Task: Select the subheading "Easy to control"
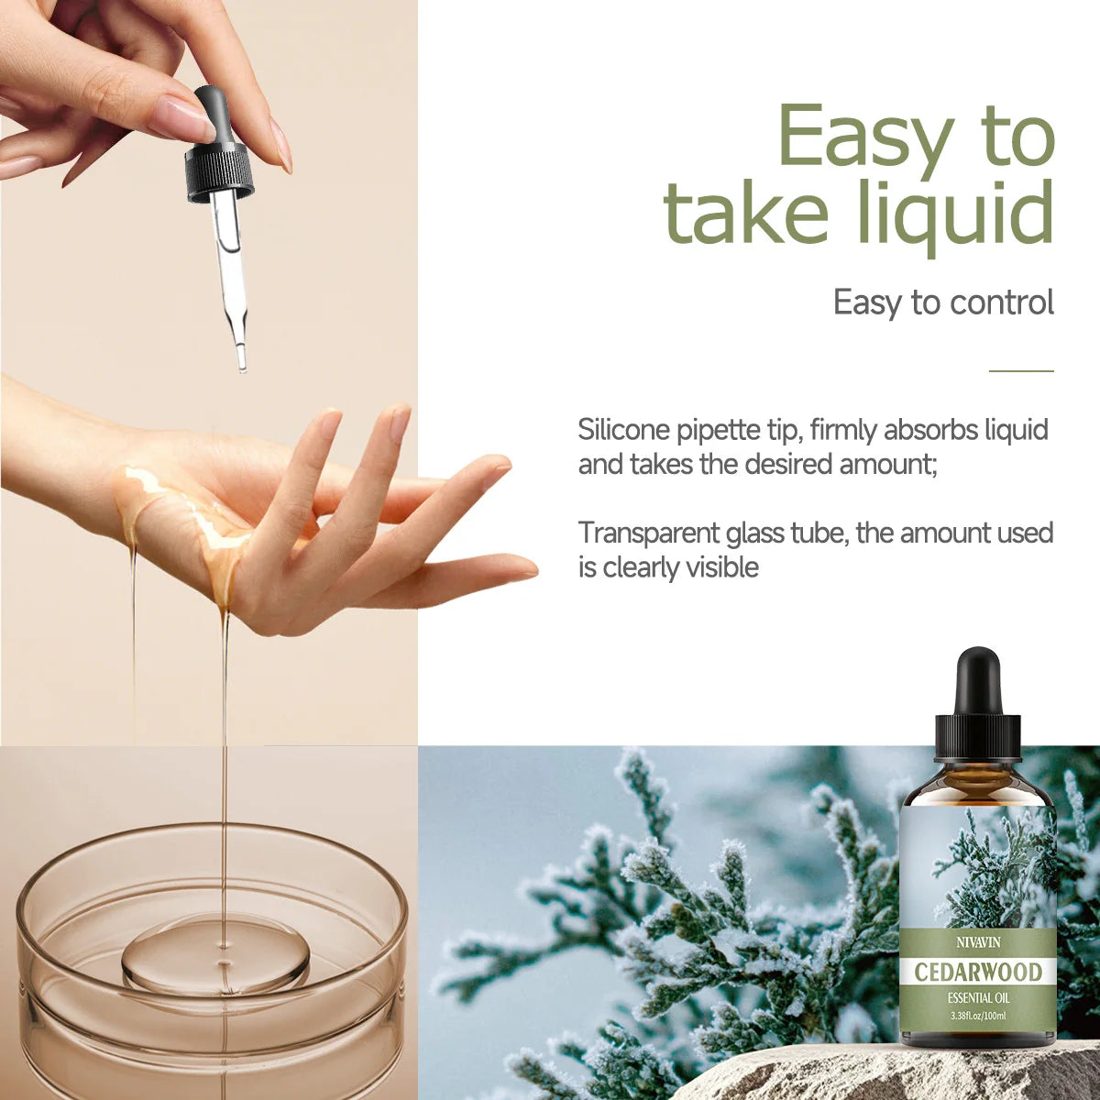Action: tap(943, 302)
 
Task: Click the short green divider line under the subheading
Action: tap(1021, 371)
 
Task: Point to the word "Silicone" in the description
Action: tap(623, 429)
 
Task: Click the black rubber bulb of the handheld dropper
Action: tap(213, 112)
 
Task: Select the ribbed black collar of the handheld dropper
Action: tap(220, 172)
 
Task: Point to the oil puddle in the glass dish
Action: tap(216, 953)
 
